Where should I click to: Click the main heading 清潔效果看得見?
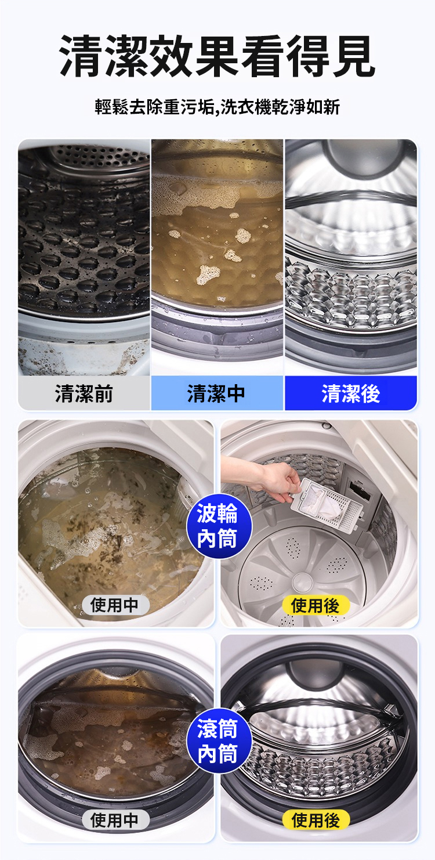tap(217, 56)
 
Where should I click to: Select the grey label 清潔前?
tap(84, 393)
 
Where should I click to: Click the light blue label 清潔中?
tap(217, 393)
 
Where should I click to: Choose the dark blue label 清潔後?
tap(350, 393)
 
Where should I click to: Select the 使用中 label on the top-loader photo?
tap(115, 605)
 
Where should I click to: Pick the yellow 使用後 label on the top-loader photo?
tap(316, 605)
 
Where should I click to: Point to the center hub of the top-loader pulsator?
tap(303, 580)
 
